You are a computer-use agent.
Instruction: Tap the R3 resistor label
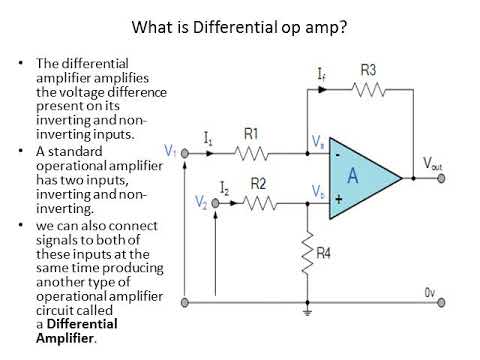point(369,71)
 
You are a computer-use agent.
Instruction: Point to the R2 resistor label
point(258,184)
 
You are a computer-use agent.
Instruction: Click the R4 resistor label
point(323,255)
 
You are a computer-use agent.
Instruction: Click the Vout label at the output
point(433,164)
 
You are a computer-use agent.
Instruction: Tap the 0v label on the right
point(429,292)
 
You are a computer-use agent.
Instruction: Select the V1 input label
point(170,151)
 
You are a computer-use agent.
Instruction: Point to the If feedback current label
point(319,74)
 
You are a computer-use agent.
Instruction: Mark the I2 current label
point(225,187)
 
